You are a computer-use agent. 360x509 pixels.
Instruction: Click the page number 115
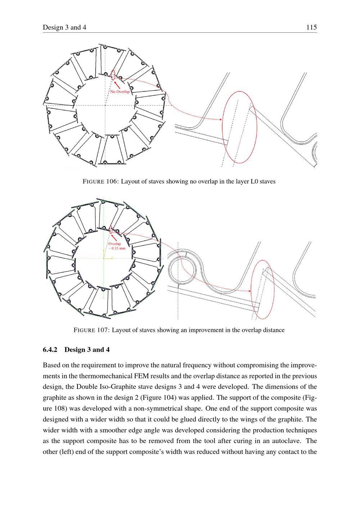point(311,27)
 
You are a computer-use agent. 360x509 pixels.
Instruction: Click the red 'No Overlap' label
point(120,92)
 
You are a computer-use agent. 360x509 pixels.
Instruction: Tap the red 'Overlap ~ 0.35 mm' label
point(117,246)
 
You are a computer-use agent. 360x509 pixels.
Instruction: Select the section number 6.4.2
point(50,350)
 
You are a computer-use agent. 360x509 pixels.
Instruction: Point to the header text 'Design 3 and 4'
point(64,27)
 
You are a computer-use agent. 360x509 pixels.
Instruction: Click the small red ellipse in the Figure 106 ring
point(113,75)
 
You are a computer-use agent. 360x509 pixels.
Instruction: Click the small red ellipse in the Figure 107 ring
point(111,230)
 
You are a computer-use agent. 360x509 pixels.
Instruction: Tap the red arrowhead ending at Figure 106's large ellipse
point(220,119)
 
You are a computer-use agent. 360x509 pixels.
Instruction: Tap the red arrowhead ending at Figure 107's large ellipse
point(249,291)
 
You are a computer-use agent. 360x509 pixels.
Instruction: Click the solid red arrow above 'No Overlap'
point(117,85)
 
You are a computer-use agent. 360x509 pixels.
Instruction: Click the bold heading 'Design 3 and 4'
point(87,350)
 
